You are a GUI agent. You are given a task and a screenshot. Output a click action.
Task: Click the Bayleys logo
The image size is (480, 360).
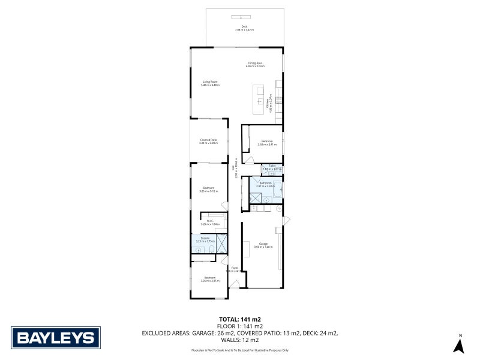point(56,337)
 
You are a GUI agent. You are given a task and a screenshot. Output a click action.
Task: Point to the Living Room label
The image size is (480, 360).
point(209,83)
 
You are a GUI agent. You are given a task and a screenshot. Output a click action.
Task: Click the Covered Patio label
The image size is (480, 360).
point(209,141)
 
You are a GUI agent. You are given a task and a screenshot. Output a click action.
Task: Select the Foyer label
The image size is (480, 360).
point(235,269)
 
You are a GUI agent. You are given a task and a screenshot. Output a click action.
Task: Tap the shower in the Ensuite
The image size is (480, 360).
point(221,242)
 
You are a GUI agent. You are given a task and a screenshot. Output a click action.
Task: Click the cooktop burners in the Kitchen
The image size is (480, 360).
point(278,100)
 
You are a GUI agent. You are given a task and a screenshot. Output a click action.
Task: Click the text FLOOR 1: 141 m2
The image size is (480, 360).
point(240,326)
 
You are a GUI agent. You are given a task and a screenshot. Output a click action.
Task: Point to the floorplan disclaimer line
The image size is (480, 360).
point(240,350)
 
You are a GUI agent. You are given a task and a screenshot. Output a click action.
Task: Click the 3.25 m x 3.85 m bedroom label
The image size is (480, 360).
point(209,279)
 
